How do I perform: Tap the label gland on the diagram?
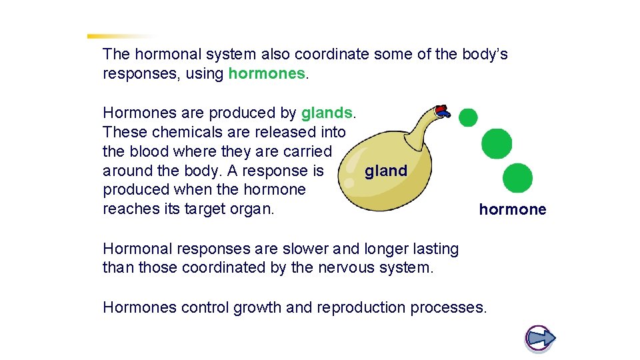click(385, 171)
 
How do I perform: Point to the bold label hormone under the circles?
click(512, 210)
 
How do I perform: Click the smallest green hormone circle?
click(468, 117)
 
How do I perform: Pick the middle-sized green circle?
click(497, 144)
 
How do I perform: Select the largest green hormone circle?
click(517, 178)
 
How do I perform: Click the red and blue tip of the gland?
click(441, 111)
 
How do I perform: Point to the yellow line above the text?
click(120, 36)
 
